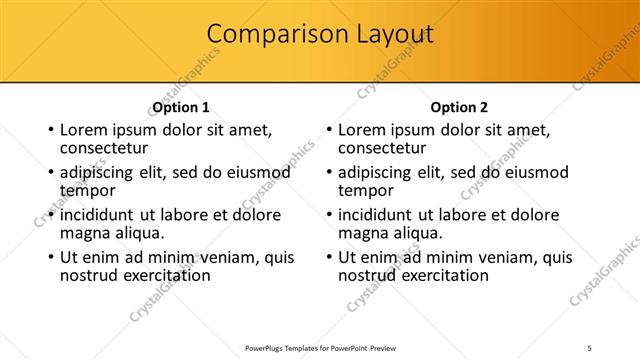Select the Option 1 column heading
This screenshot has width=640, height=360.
point(181,107)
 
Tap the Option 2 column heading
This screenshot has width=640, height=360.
point(459,107)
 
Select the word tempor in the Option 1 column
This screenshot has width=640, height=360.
point(88,189)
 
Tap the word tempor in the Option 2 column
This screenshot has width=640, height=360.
point(366,189)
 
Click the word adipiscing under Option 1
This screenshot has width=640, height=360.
point(103,173)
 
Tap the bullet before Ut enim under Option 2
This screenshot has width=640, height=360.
point(328,257)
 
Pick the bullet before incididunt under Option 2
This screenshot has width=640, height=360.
point(328,215)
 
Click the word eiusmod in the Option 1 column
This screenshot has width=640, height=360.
point(258,173)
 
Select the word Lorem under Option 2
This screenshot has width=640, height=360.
point(362,130)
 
